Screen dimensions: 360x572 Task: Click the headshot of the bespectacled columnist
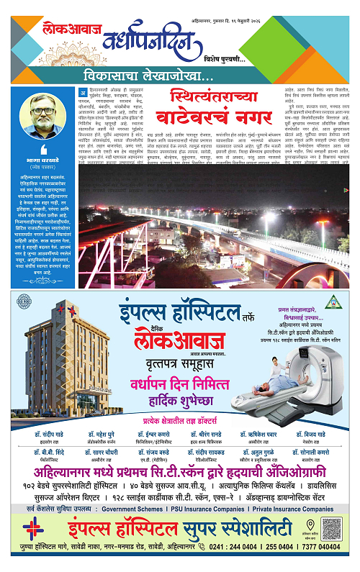pos(42,113)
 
